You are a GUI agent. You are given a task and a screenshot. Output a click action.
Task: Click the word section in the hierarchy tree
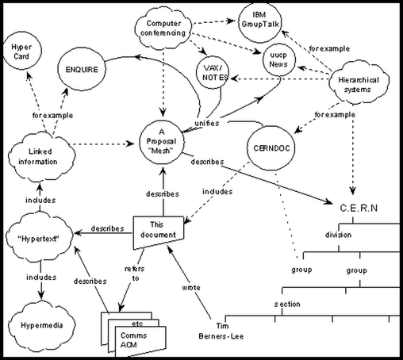[286, 304]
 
